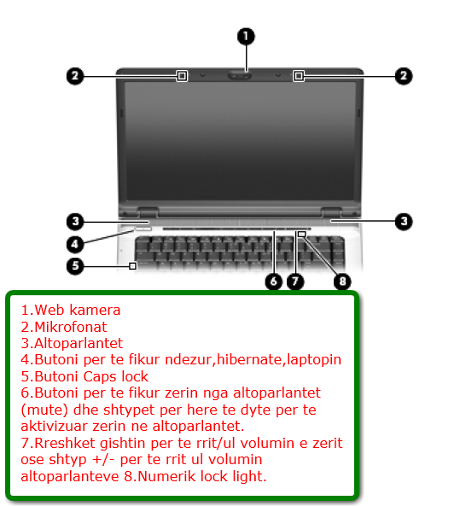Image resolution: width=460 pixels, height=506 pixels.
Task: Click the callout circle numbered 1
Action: pos(246,36)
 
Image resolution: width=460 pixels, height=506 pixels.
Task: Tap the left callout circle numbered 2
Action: pos(75,76)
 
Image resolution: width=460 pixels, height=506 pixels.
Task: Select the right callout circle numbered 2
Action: pos(404,76)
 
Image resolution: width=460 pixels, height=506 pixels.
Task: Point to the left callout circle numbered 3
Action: pos(75,222)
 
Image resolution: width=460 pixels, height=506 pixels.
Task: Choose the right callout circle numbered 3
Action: pos(404,222)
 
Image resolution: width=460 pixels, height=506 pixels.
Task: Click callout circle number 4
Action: pos(75,244)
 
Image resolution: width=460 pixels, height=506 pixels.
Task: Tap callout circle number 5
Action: pos(75,266)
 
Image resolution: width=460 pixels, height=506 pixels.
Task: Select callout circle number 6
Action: pos(274,282)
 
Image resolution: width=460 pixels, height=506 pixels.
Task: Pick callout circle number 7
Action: pos(295,282)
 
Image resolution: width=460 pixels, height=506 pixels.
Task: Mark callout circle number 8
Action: pos(342,282)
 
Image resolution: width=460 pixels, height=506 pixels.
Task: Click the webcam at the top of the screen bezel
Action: pos(240,76)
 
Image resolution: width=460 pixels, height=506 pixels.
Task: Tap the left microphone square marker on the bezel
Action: pos(182,76)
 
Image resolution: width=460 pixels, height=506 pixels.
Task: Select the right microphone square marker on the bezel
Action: pos(299,76)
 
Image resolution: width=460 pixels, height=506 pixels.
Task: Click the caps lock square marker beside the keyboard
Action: pos(132,266)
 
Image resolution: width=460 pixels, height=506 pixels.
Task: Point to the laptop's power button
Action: pos(143,230)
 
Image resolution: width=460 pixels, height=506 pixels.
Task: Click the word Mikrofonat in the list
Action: pos(70,327)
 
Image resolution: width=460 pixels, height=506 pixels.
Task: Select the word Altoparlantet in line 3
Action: pos(79,343)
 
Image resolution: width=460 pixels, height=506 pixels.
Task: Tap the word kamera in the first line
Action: pos(96,310)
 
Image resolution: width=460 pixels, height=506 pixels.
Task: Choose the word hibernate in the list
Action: pos(249,359)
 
